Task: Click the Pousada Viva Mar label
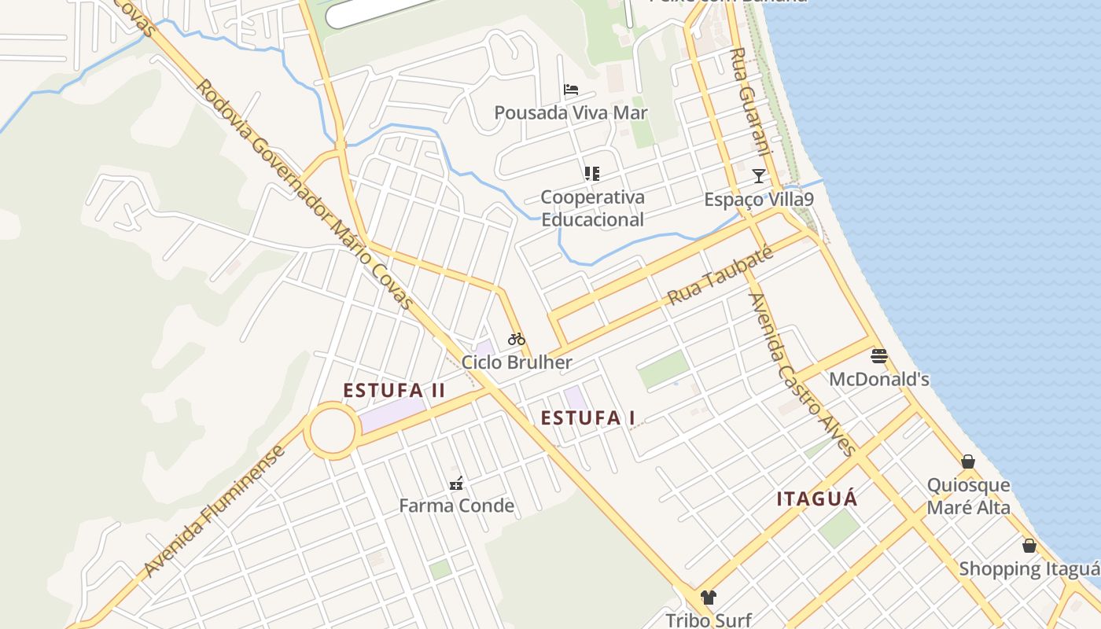point(571,112)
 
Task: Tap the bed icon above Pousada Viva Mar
point(571,90)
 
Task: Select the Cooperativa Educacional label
point(592,208)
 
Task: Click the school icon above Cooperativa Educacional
point(592,174)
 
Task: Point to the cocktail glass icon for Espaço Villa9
point(759,175)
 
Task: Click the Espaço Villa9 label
point(759,200)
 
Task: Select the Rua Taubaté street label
point(720,276)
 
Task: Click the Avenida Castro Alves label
point(801,374)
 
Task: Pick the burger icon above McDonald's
point(879,355)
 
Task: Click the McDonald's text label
point(879,380)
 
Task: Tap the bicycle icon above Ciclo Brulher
point(517,339)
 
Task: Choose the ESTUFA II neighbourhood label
point(394,390)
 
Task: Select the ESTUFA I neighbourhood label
point(588,417)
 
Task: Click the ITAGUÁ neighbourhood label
point(817,498)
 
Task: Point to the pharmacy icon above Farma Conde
point(455,483)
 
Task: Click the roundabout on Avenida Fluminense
point(332,430)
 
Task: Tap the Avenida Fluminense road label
point(214,512)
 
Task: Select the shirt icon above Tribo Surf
point(709,598)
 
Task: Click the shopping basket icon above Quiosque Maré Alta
point(968,462)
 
